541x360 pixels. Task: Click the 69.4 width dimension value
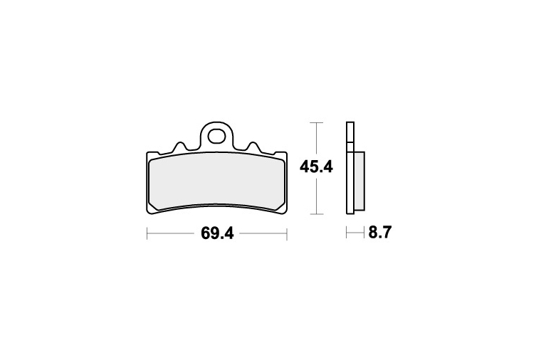pyautogui.click(x=217, y=233)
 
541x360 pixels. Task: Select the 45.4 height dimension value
pyautogui.click(x=316, y=168)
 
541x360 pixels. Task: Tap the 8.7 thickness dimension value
pyautogui.click(x=380, y=233)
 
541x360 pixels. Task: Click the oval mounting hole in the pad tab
pyautogui.click(x=216, y=136)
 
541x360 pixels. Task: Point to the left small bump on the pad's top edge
pyautogui.click(x=179, y=146)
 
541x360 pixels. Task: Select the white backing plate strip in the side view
pyautogui.click(x=350, y=169)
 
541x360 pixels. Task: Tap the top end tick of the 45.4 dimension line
pyautogui.click(x=317, y=122)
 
